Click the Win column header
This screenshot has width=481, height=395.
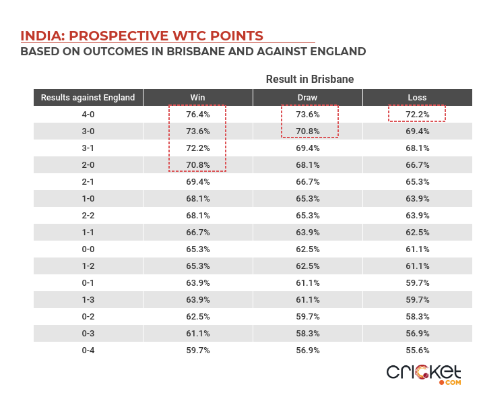click(197, 98)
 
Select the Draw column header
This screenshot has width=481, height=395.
click(307, 98)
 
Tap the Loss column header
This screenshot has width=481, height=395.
click(417, 98)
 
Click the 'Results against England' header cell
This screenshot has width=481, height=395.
click(88, 98)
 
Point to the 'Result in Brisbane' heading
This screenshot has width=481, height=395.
click(310, 80)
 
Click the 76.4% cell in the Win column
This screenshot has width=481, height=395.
click(197, 115)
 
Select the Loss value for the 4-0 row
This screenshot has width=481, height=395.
click(417, 115)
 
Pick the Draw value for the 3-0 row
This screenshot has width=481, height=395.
click(307, 131)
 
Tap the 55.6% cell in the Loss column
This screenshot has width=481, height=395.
click(417, 351)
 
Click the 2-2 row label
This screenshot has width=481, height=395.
click(88, 216)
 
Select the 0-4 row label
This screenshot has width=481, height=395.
click(88, 351)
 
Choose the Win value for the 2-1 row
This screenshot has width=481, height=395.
click(197, 182)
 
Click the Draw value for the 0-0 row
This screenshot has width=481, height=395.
click(307, 249)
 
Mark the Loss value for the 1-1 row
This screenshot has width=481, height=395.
click(417, 233)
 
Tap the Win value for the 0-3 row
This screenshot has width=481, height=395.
click(197, 334)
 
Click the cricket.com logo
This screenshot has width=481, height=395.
click(424, 374)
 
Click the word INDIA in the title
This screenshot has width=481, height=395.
click(40, 36)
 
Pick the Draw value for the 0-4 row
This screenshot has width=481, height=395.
click(307, 351)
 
